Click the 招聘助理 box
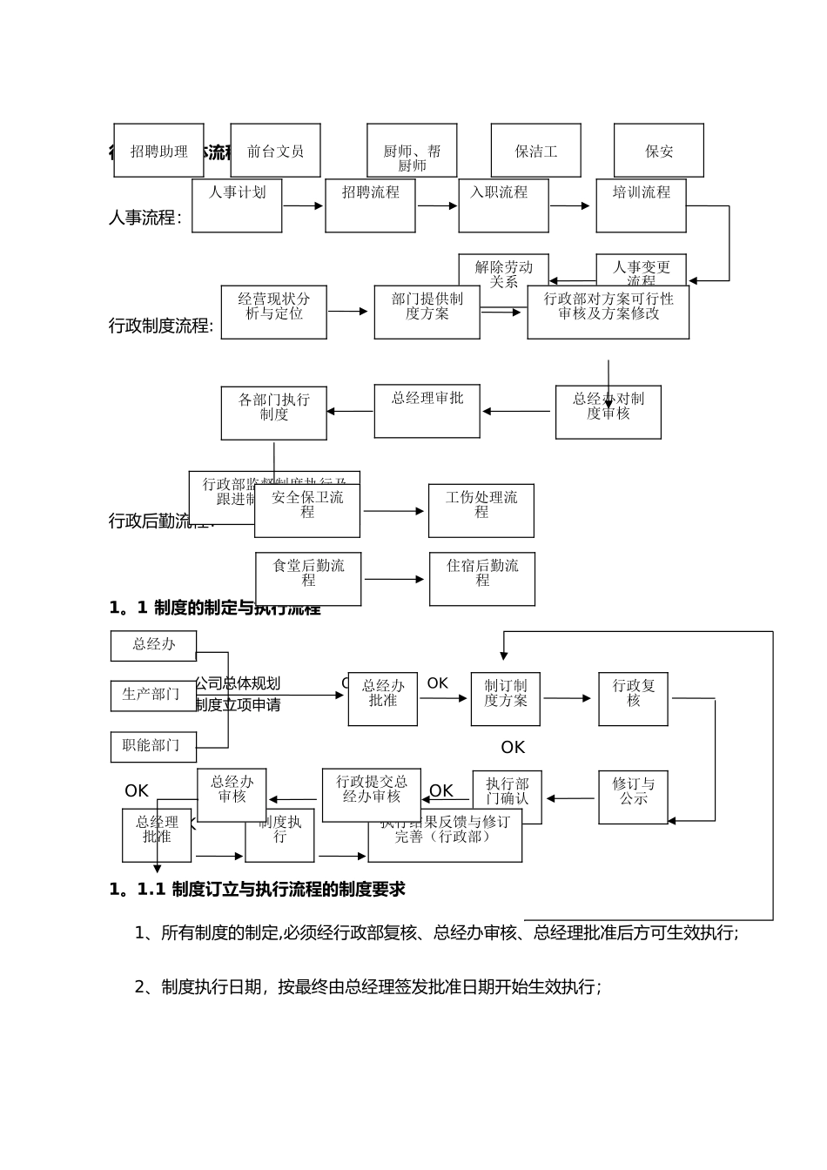[x=158, y=151]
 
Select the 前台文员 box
[x=275, y=151]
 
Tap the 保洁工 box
[x=535, y=151]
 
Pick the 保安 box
[x=659, y=151]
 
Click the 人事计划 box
[x=237, y=206]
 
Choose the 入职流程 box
[x=503, y=206]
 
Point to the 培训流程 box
[x=641, y=206]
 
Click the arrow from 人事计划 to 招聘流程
[x=303, y=206]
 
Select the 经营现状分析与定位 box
[x=273, y=312]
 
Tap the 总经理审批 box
[x=427, y=412]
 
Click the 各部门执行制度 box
[x=273, y=414]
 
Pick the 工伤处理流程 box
[x=481, y=511]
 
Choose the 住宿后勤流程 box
[x=481, y=579]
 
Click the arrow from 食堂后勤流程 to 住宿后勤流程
[x=394, y=579]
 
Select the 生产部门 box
[x=153, y=696]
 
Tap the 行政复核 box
[x=633, y=699]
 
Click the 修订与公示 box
[x=633, y=797]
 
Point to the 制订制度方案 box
[x=505, y=699]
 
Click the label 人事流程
[x=145, y=218]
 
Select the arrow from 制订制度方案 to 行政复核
[x=568, y=698]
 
